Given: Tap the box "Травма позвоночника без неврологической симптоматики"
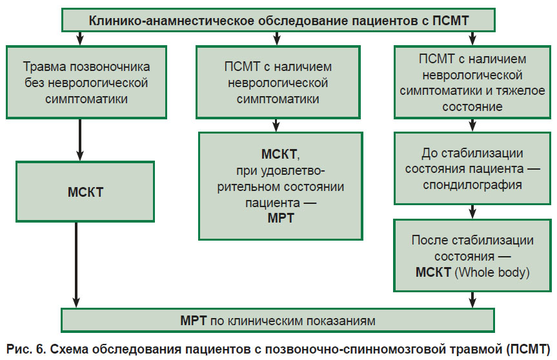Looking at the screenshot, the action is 86,82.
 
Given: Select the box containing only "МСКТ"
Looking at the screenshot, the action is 85,192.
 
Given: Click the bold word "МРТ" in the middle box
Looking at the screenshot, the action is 281,218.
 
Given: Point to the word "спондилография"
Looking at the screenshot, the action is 472,185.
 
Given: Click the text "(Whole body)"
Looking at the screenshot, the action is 492,272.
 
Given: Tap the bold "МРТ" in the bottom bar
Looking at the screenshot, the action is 193,321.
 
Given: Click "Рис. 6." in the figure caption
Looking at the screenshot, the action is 26,349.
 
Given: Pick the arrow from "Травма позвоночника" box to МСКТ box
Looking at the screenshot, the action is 80,140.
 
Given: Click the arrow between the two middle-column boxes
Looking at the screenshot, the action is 276,125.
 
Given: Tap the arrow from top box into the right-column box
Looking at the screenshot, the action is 472,38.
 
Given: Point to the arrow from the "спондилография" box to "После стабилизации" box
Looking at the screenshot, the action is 472,212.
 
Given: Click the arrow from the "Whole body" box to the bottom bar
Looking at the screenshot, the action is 472,300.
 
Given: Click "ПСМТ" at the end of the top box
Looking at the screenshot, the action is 451,21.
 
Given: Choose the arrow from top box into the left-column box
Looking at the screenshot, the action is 80,38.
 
